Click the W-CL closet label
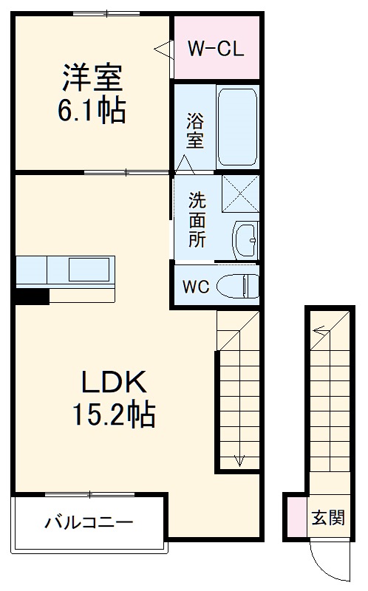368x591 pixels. pyautogui.click(x=214, y=49)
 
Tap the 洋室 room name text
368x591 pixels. pyautogui.click(x=92, y=78)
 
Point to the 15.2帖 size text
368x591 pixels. pyautogui.click(x=115, y=415)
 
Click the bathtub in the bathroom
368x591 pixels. pyautogui.click(x=237, y=126)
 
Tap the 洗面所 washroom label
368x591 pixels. pyautogui.click(x=196, y=220)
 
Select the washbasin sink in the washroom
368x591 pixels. pyautogui.click(x=245, y=239)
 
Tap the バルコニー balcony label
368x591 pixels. pyautogui.click(x=89, y=523)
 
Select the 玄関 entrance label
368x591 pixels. pyautogui.click(x=327, y=517)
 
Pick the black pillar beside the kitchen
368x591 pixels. pyautogui.click(x=32, y=295)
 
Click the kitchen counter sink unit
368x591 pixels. pyautogui.click(x=65, y=271)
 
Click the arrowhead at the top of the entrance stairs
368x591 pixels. pyautogui.click(x=318, y=331)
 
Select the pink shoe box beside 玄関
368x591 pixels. pyautogui.click(x=296, y=516)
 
